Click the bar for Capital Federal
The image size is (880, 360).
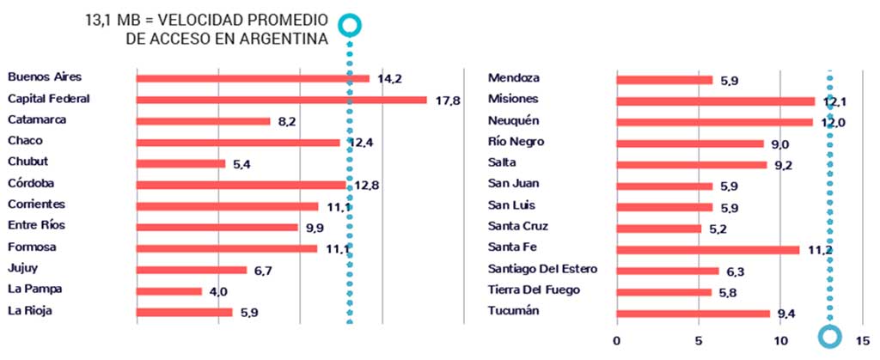[x=281, y=100]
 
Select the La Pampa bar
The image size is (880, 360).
[x=168, y=291]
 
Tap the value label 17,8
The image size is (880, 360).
[x=448, y=100]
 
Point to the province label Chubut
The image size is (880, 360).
[x=28, y=162]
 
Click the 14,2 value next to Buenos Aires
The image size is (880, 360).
[x=389, y=79]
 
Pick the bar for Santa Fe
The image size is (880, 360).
[x=707, y=250]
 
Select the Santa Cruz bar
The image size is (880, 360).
[x=658, y=229]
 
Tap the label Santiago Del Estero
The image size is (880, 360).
[x=542, y=269]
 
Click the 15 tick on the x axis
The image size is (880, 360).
[x=863, y=340]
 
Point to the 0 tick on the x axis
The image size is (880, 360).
[x=617, y=340]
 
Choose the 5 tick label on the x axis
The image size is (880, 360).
[x=699, y=340]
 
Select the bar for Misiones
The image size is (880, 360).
[x=715, y=101]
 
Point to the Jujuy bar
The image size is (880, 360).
[x=191, y=270]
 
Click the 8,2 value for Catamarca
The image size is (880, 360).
[x=287, y=121]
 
